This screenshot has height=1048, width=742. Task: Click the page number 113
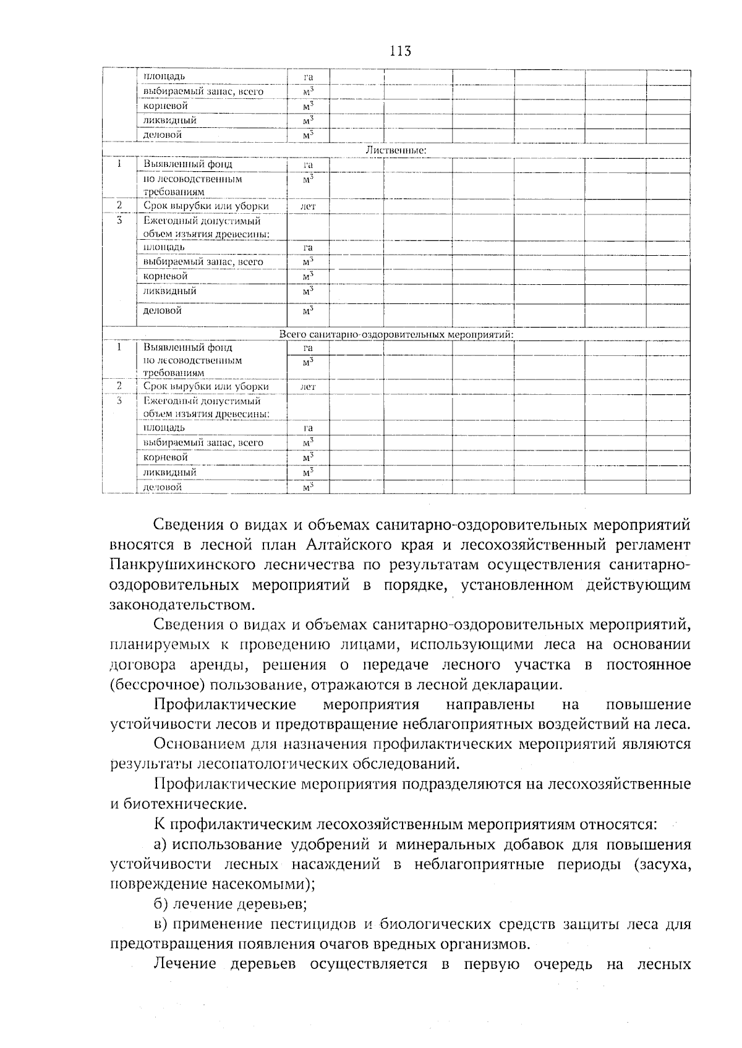[x=400, y=51]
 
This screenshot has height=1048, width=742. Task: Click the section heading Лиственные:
[x=396, y=150]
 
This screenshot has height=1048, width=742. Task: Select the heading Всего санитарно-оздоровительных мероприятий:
[x=396, y=334]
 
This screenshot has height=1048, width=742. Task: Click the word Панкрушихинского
[x=184, y=565]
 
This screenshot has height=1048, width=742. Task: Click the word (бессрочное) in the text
[x=157, y=685]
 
